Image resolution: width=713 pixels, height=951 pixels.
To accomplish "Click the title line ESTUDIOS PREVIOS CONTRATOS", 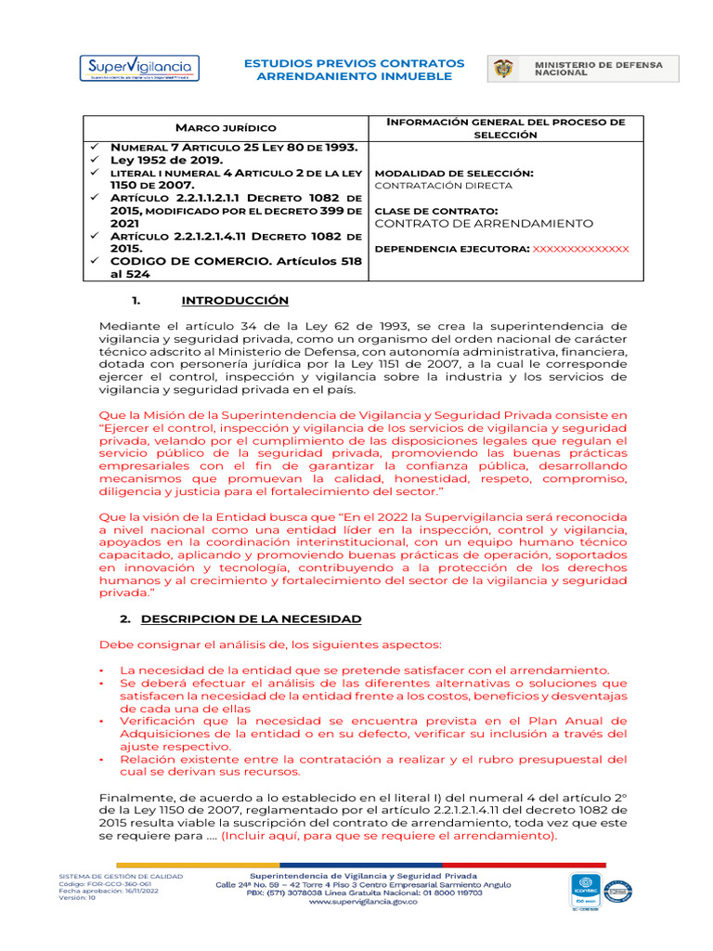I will tap(354, 63).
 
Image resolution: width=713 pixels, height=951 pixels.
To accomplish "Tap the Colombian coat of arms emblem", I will tap(505, 69).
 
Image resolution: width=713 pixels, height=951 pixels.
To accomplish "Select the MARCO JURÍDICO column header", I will tap(227, 127).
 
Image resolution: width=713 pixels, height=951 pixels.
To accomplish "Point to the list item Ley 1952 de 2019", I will tap(167, 161).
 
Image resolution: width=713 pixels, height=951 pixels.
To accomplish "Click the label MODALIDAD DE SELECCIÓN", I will tap(453, 173).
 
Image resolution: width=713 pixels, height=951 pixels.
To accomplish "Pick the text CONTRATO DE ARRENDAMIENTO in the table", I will tap(483, 224).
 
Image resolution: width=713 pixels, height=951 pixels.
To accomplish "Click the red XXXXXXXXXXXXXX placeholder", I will tap(580, 249).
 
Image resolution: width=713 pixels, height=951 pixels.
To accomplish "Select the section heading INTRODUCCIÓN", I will tap(235, 301).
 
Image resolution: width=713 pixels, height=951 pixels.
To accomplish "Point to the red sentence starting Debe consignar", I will tap(271, 645).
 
